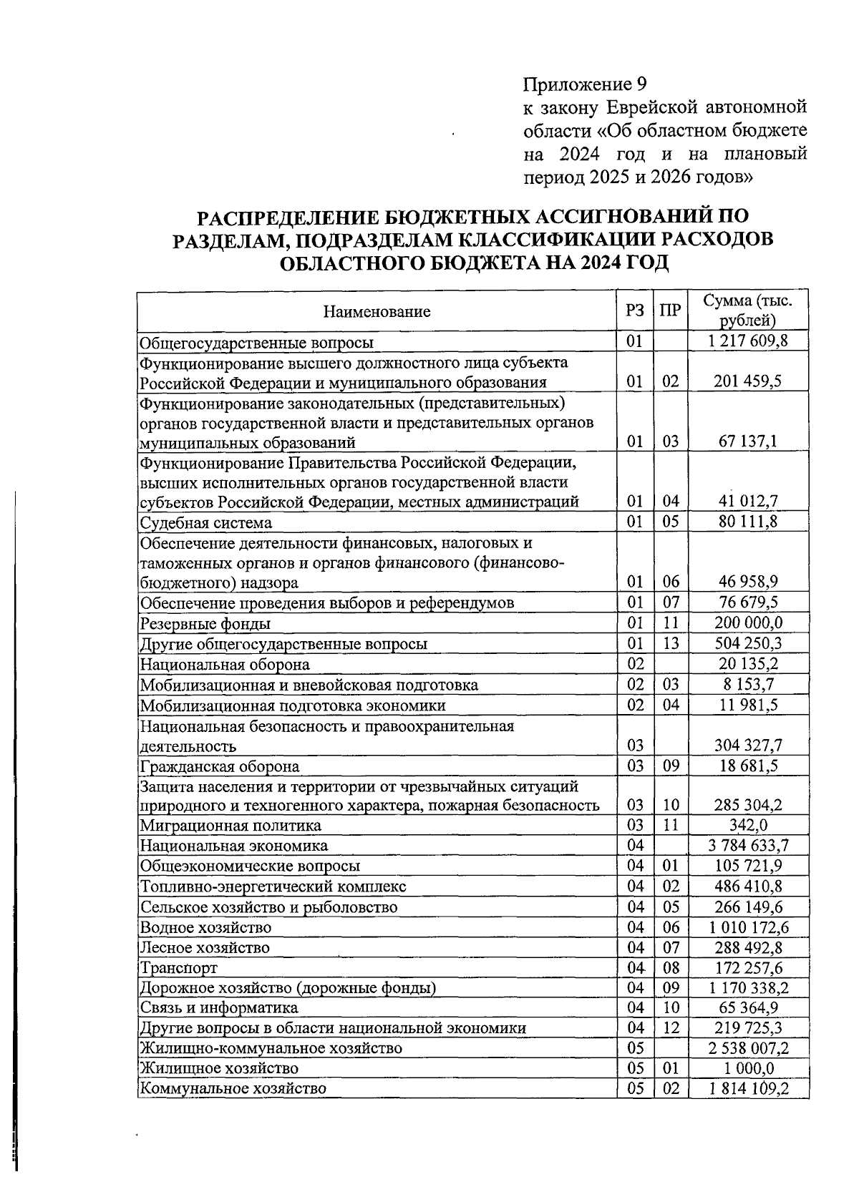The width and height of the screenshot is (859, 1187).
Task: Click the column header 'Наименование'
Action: click(x=377, y=311)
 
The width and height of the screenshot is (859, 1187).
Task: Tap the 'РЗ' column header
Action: click(x=634, y=311)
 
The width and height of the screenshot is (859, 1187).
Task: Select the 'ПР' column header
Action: click(x=669, y=311)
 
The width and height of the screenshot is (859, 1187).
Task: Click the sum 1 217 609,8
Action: click(x=747, y=341)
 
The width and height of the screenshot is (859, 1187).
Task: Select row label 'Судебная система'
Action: click(x=205, y=522)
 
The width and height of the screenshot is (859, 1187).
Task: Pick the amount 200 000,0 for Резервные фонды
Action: click(x=748, y=622)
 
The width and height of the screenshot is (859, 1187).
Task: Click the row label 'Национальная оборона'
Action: click(x=225, y=664)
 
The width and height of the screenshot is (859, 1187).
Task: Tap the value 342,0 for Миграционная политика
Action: click(x=748, y=825)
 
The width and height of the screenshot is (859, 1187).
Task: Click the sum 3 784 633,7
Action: click(x=748, y=846)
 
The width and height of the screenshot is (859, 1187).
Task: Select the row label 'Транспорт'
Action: click(x=178, y=968)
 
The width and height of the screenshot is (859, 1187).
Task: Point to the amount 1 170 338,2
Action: click(x=748, y=988)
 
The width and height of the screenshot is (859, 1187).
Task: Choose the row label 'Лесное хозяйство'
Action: click(x=205, y=947)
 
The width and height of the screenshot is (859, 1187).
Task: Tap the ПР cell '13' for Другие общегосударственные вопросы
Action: click(x=670, y=643)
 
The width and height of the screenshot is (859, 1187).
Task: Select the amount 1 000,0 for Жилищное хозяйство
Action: click(x=748, y=1068)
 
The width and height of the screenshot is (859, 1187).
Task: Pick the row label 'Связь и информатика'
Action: click(x=218, y=1008)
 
